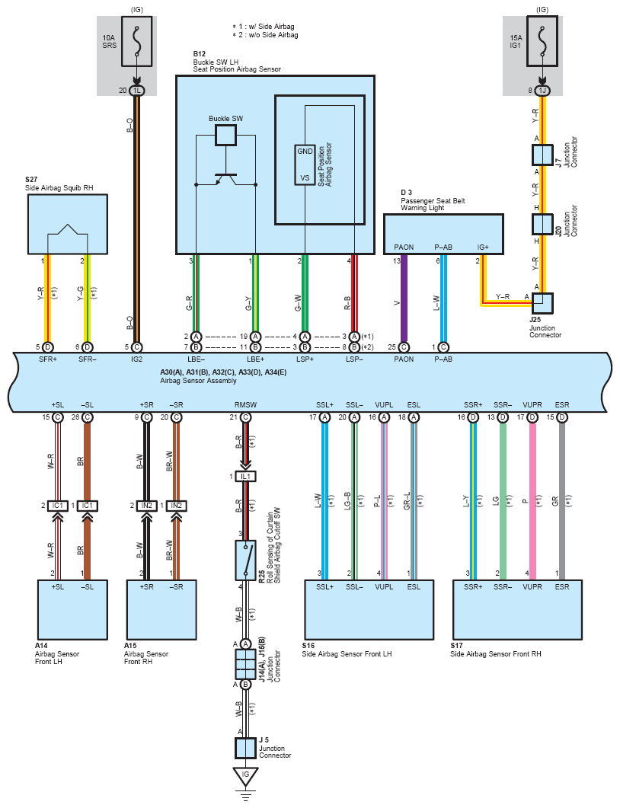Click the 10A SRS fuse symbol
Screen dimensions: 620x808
pos(136,41)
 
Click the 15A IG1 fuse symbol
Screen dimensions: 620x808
pos(542,41)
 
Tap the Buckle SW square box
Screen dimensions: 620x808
pos(225,135)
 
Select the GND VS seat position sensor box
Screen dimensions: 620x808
pos(305,164)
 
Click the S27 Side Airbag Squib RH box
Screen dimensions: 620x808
pos(68,224)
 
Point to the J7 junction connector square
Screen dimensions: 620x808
pos(542,155)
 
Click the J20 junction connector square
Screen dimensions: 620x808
pos(542,224)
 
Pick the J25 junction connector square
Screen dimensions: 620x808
pos(542,304)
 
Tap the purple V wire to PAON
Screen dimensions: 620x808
pos(404,299)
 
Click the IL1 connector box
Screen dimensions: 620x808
pos(246,477)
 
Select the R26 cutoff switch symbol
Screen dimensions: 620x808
pos(246,560)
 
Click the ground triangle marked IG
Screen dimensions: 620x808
pos(245,777)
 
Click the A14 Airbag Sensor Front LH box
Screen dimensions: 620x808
pos(72,610)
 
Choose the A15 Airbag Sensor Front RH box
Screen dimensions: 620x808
pos(161,610)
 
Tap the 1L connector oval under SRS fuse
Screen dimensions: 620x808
pos(136,91)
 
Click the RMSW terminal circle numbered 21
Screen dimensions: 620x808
pos(246,417)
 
